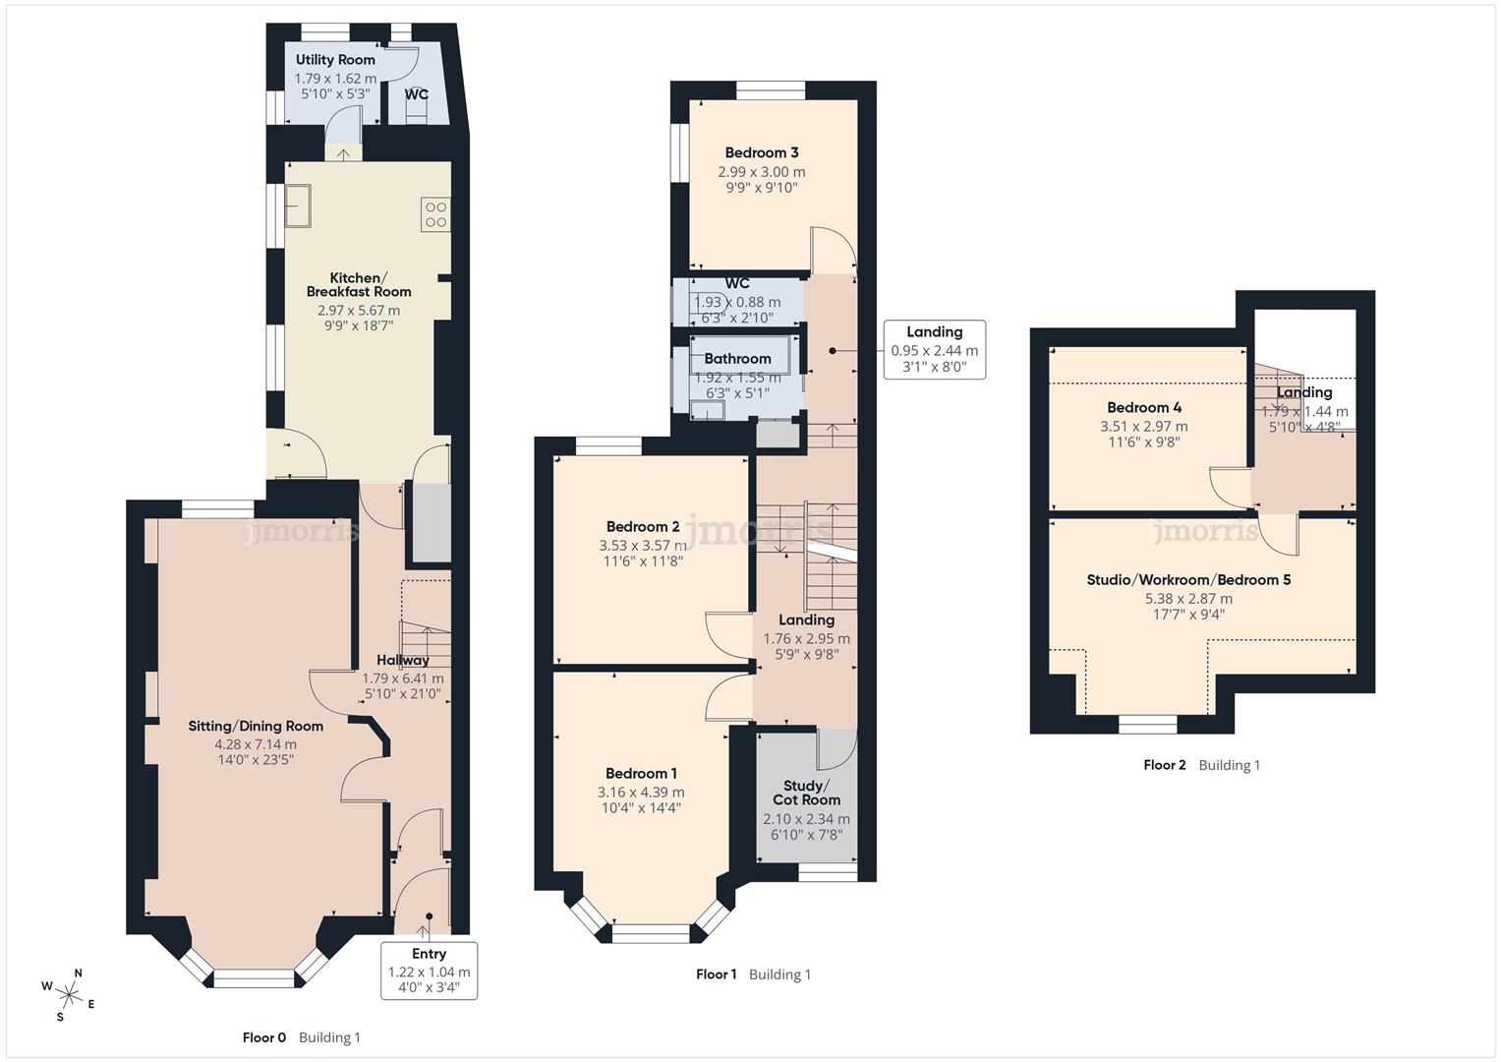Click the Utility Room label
335,60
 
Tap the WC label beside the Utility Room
416,95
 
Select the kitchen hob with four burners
435,214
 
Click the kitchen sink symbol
296,205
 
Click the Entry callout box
429,971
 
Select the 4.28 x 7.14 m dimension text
256,744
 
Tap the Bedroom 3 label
761,152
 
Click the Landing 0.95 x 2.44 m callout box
934,349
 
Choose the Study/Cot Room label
806,793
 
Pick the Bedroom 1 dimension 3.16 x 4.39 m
641,793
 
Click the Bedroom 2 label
643,527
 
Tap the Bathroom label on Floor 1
737,359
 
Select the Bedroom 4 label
1144,407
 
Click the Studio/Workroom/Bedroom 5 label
1188,580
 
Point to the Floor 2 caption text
1165,765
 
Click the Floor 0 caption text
264,1037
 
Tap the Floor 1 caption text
716,974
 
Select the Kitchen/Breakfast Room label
358,285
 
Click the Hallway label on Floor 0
403,660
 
